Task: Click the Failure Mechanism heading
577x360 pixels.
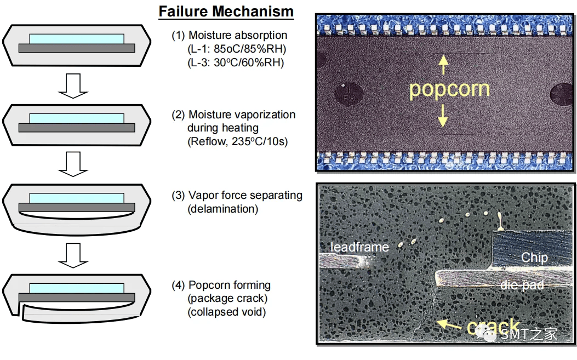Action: tap(226, 12)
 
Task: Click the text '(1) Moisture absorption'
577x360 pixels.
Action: tap(229, 36)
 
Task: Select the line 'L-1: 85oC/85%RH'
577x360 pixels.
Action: tap(237, 49)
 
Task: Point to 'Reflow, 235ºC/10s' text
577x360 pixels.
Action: tap(237, 141)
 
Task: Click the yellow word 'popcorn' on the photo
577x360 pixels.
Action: tap(449, 89)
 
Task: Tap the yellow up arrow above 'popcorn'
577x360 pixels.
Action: tap(443, 65)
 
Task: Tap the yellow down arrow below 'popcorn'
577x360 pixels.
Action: tap(443, 116)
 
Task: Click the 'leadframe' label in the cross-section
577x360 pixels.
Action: tap(359, 247)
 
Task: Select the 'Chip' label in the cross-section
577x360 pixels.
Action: tap(534, 258)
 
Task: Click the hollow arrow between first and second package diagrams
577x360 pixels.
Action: tap(73, 86)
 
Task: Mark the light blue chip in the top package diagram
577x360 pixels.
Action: tap(77, 39)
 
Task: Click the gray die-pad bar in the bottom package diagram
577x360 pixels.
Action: tap(77, 298)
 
